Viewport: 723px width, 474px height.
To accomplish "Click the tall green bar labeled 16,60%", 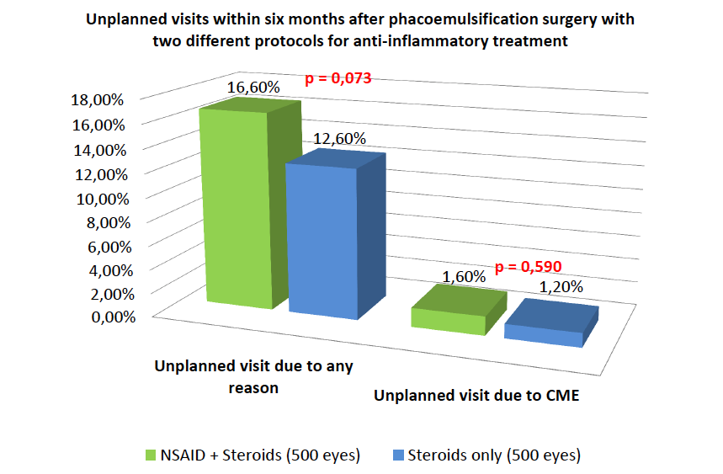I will (x=236, y=210).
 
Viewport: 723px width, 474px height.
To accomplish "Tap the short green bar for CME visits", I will (x=448, y=318).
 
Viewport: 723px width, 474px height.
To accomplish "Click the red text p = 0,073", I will (x=338, y=79).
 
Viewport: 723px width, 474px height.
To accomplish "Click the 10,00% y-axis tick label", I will (x=99, y=199).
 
